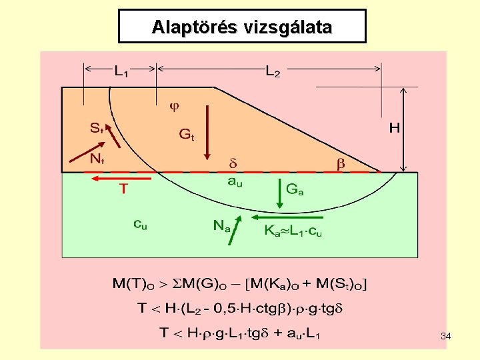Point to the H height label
coord(394,127)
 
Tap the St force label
coord(97,127)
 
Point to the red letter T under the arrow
coord(123,189)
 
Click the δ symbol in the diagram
coord(233,163)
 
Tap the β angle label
coord(340,163)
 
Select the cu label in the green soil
coord(140,225)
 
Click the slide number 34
coord(445,337)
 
